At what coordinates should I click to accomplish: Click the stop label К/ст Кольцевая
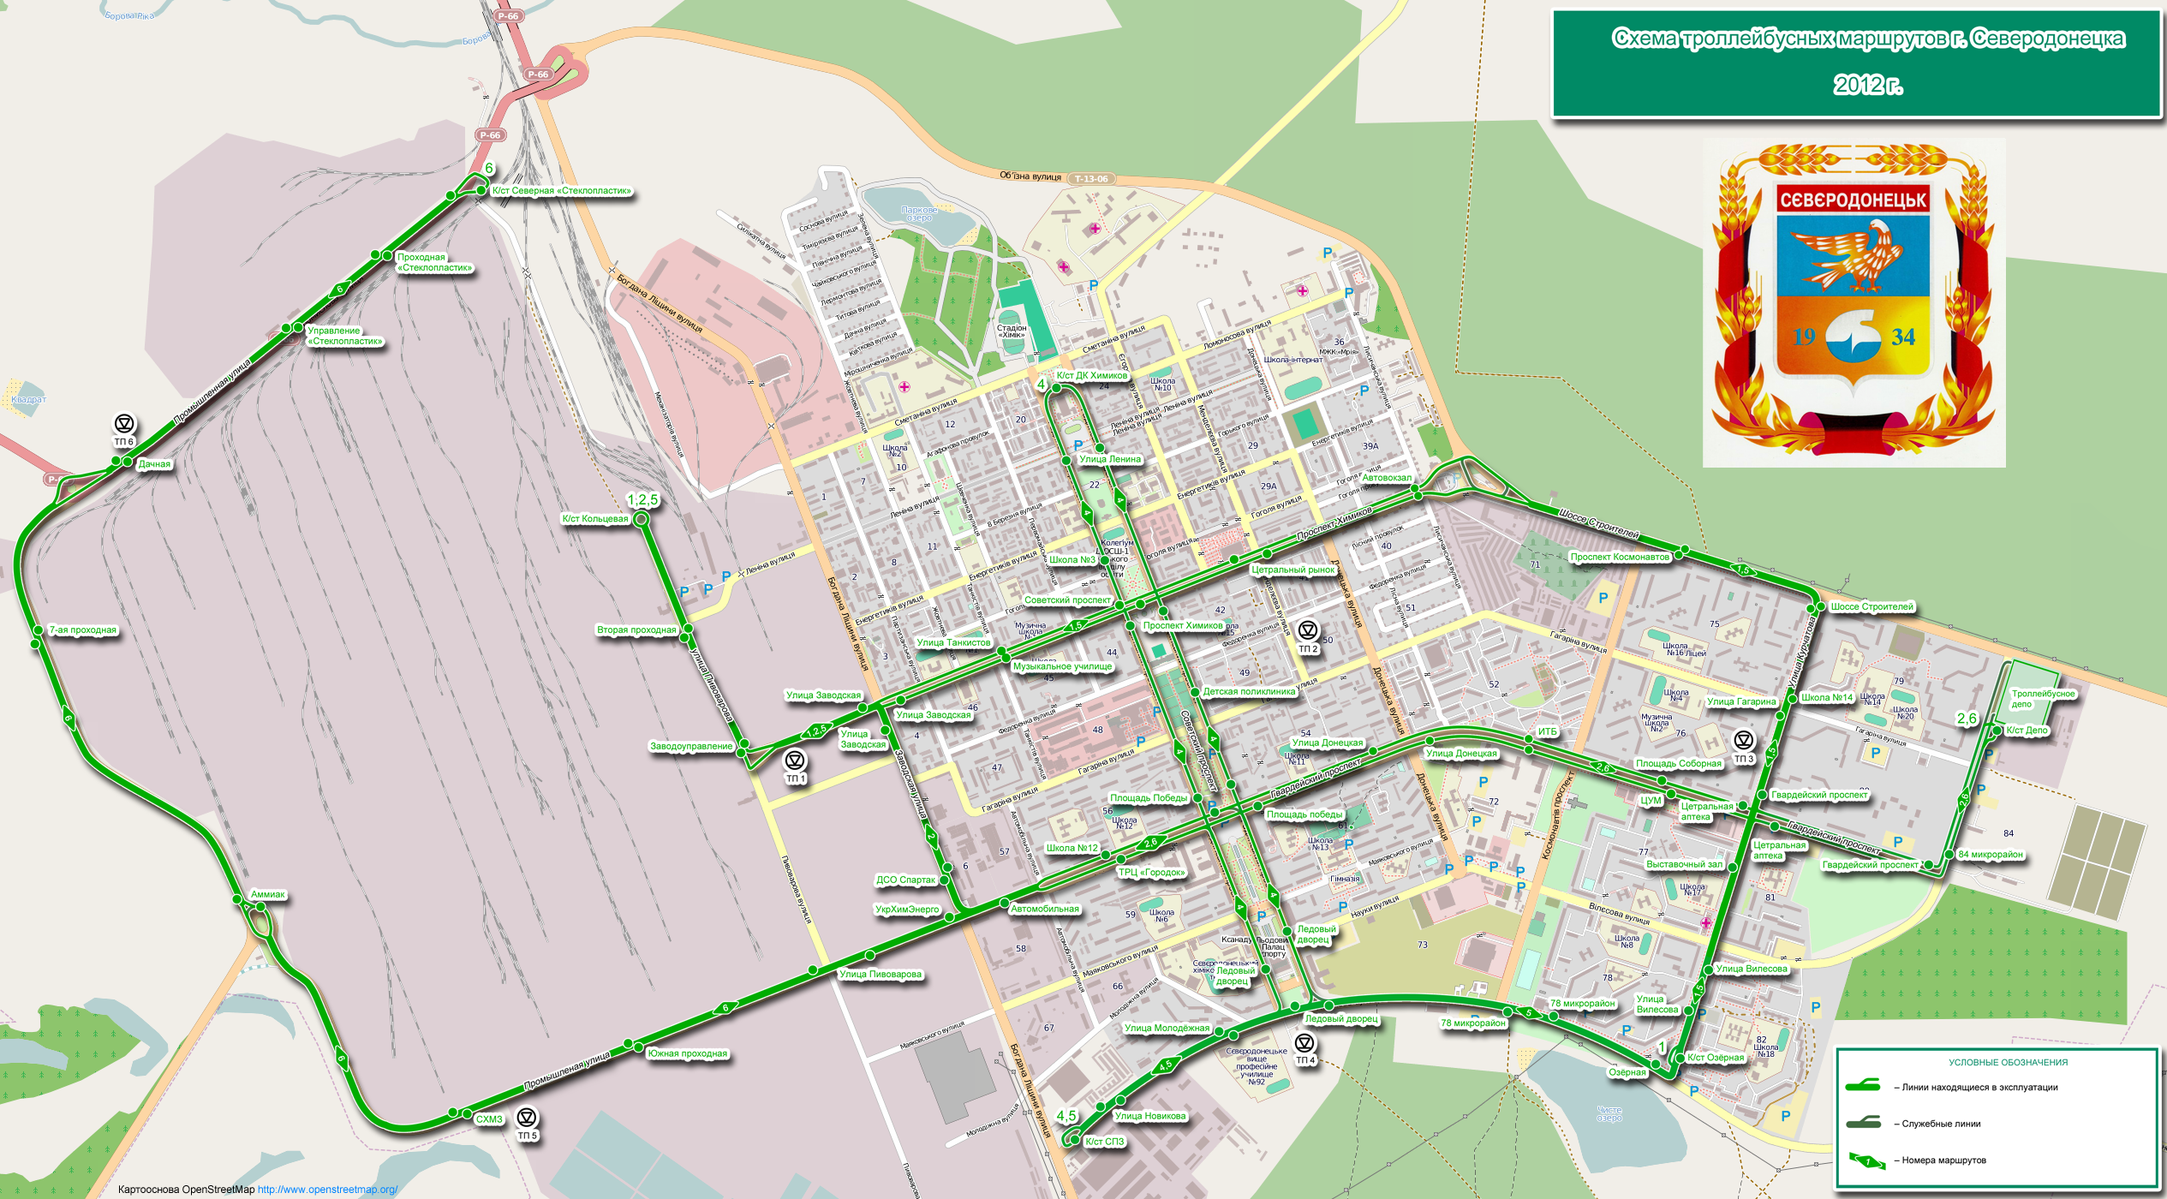594,519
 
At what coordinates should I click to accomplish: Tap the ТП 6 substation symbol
124,424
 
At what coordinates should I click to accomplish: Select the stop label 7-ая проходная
82,630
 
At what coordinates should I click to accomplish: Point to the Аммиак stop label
268,895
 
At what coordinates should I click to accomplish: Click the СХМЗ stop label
489,1119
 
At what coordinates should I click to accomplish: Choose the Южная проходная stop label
687,1054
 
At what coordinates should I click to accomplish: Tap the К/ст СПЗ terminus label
1104,1142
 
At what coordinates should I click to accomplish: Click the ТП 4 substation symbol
1304,1043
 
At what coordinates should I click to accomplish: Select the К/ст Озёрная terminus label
1716,1058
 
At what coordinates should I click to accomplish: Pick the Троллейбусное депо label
2043,699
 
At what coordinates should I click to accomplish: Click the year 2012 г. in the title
1867,85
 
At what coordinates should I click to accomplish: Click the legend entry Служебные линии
1941,1124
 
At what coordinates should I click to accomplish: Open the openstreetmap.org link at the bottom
327,1190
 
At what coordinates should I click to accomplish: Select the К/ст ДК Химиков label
1091,376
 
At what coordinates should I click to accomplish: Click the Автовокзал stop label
1387,478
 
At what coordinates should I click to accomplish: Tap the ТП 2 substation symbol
1308,631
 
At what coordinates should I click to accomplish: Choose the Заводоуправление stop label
691,747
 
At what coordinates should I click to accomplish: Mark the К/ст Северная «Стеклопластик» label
561,191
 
